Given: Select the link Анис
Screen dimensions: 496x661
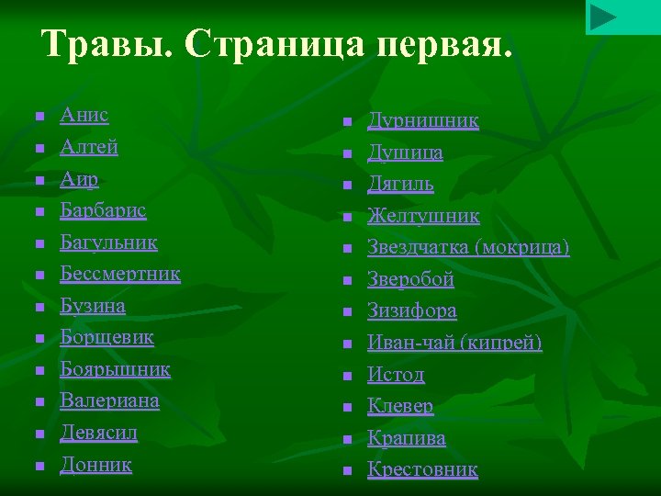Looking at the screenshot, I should (x=84, y=116).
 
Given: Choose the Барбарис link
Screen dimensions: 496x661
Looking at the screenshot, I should (x=103, y=210).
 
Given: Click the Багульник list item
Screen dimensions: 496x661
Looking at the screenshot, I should (x=108, y=242).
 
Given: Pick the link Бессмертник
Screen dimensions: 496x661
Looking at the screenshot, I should (x=120, y=274).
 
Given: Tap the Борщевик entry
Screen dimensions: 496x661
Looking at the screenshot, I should (x=106, y=337).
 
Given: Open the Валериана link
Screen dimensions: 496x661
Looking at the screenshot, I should (x=109, y=400).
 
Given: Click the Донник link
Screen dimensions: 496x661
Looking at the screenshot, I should (x=95, y=465).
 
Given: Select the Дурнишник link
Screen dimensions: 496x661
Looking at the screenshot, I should (x=423, y=121).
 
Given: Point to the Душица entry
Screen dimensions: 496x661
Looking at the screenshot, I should (x=405, y=152).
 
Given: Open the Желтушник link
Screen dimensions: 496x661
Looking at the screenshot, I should (x=423, y=216).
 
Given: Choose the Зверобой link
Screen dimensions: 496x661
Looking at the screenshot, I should (x=410, y=279).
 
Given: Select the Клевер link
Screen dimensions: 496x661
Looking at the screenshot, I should (x=400, y=406).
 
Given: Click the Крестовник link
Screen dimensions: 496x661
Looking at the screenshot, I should (x=422, y=470).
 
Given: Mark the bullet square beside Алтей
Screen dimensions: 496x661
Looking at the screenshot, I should (x=39, y=149).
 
